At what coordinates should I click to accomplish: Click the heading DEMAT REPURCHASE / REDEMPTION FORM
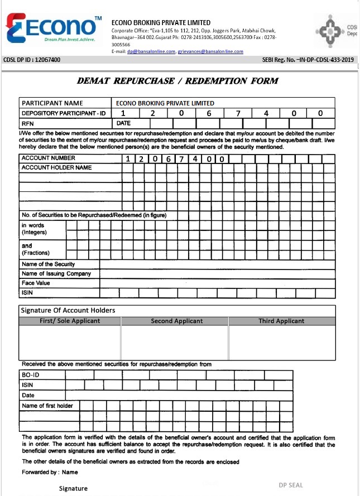tap(177, 81)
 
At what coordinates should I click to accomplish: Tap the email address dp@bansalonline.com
tap(151, 51)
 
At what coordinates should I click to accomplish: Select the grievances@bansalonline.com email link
tap(211, 51)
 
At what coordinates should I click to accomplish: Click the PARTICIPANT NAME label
tap(52, 103)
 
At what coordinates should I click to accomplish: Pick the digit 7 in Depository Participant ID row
tap(238, 113)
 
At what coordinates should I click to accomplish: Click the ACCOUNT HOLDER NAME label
tap(56, 167)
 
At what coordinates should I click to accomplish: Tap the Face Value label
tap(36, 283)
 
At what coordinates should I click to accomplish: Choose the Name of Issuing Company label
tap(55, 273)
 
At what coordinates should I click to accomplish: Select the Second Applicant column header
tap(176, 321)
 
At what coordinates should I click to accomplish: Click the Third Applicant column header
tap(281, 321)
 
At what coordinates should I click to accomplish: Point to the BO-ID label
tap(31, 375)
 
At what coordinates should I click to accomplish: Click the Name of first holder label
tap(47, 406)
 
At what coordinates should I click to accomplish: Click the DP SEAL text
tap(291, 485)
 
